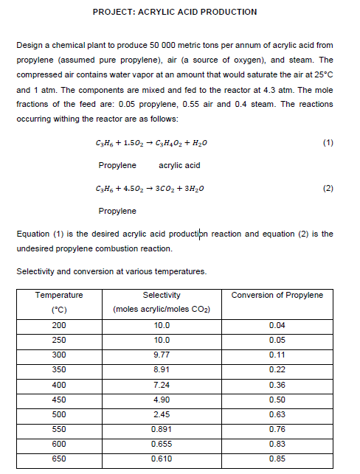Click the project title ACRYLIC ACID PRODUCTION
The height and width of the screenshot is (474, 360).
coord(176,12)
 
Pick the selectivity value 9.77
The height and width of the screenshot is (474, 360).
coord(161,355)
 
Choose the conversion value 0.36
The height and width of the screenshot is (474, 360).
coord(277,384)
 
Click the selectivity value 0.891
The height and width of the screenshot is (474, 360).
coord(161,428)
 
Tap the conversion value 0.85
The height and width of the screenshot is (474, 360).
coord(277,458)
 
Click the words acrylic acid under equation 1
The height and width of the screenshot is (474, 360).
coord(179,164)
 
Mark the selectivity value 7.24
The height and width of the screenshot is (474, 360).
coord(161,384)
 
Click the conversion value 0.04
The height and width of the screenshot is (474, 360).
coord(277,325)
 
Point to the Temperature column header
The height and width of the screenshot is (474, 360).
coord(60,295)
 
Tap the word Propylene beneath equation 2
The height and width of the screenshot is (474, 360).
coord(116,211)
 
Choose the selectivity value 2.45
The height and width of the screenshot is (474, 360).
coord(161,414)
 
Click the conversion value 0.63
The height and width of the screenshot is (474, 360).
coord(277,414)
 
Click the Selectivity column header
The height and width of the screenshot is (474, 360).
coord(161,295)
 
